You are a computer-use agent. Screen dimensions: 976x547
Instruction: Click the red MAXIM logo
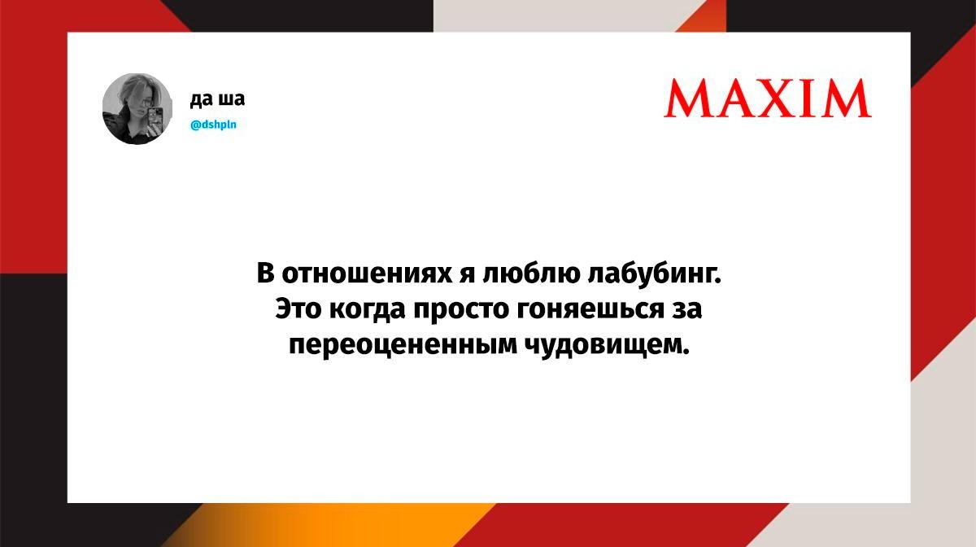coord(767,98)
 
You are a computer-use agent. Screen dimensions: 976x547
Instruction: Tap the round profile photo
coord(137,108)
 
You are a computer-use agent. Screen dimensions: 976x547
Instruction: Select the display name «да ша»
coord(217,99)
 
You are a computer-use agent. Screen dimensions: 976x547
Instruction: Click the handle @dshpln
coord(213,125)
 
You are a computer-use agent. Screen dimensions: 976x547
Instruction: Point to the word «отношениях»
coord(368,274)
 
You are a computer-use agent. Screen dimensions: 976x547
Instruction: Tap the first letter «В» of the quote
coord(265,273)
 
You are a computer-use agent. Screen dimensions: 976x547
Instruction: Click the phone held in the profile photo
coord(155,118)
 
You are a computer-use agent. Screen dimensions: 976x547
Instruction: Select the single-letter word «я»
coord(468,275)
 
